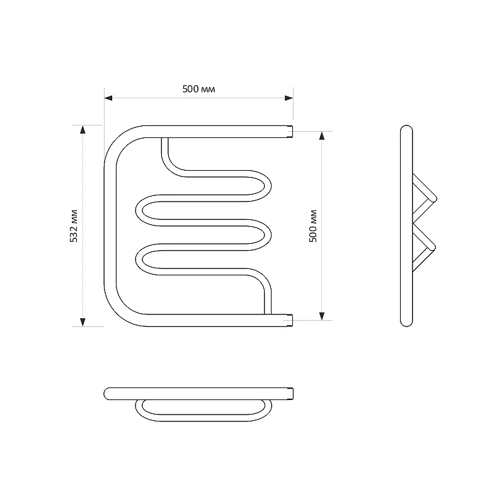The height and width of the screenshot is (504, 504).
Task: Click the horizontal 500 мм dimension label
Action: click(x=198, y=89)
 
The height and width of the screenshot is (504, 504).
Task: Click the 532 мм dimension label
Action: click(x=74, y=226)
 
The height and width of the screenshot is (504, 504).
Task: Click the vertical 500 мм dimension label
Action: click(x=312, y=226)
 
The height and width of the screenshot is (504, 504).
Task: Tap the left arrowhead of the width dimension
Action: click(x=108, y=98)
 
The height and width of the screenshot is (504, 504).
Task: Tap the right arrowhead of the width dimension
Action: click(x=289, y=98)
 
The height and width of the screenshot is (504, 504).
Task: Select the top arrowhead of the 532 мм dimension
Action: click(x=83, y=130)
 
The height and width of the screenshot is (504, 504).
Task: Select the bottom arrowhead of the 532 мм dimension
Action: click(x=83, y=322)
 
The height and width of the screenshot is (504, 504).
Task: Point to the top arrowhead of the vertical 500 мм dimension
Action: click(x=322, y=135)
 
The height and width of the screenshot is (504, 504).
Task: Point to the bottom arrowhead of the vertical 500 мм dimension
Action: click(x=322, y=316)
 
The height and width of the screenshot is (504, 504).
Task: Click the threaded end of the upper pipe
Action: click(x=290, y=132)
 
